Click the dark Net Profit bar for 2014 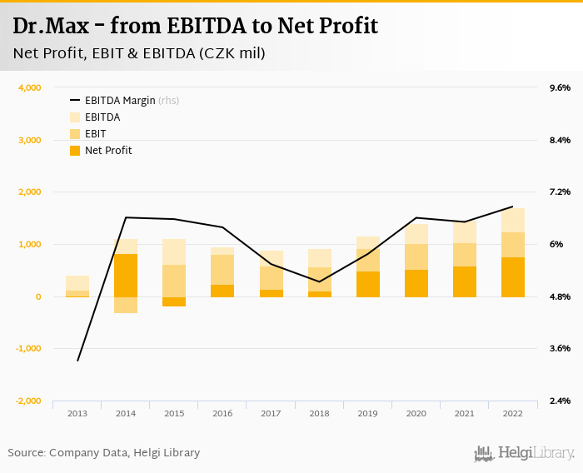126,275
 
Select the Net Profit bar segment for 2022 513,276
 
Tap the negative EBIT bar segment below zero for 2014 126,305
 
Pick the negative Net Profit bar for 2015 174,301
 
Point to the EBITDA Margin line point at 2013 77,361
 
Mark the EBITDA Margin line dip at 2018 320,281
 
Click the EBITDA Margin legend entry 120,101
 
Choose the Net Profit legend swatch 75,151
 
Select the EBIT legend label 96,134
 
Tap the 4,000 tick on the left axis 29,87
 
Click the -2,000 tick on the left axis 27,401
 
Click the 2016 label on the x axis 222,414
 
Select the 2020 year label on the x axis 416,414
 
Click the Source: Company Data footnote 104,453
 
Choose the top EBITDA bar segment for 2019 368,242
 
